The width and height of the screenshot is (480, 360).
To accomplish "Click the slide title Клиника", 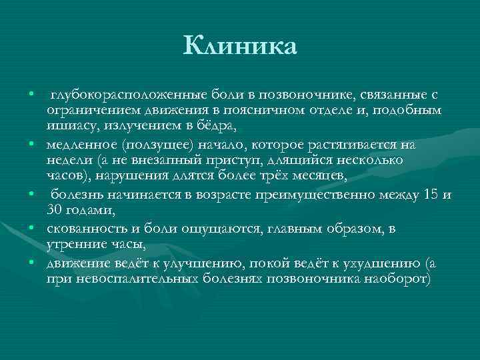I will point(241,47).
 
